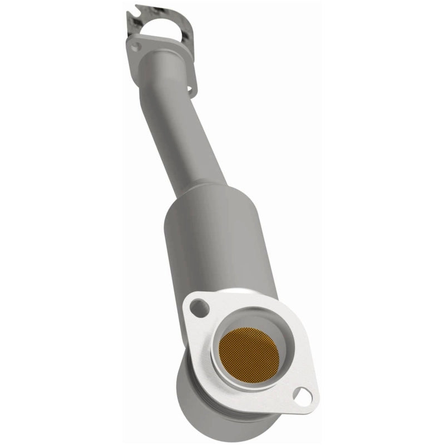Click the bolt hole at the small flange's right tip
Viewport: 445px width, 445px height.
pyautogui.click(x=190, y=88)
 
